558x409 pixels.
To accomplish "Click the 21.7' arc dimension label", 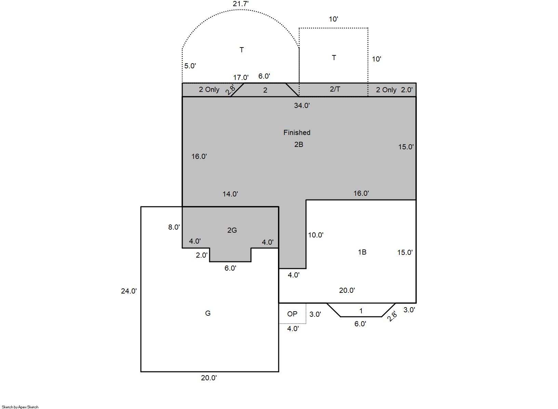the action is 241,4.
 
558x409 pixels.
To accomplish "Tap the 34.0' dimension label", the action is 302,106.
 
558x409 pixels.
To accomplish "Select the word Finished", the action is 297,133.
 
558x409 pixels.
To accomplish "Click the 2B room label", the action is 299,145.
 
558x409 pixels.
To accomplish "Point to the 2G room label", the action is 232,230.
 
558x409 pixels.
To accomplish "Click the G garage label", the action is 208,313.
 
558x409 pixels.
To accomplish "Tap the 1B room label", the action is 362,252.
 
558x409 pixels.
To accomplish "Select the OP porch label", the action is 292,314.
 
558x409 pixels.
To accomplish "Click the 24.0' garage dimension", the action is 129,291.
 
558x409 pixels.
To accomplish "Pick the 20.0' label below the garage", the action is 209,378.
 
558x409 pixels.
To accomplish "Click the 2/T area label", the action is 335,89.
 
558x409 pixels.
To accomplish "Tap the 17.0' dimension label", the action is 241,78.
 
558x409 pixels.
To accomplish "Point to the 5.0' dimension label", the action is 190,66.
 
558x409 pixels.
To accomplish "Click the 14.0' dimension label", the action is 230,194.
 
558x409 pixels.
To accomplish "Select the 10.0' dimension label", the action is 316,235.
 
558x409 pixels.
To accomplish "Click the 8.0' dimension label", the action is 174,227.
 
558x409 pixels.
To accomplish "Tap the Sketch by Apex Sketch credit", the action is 20,407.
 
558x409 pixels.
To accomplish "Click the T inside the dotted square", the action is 334,58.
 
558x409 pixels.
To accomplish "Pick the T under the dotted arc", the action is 241,50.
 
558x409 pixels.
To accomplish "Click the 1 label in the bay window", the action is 361,311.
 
